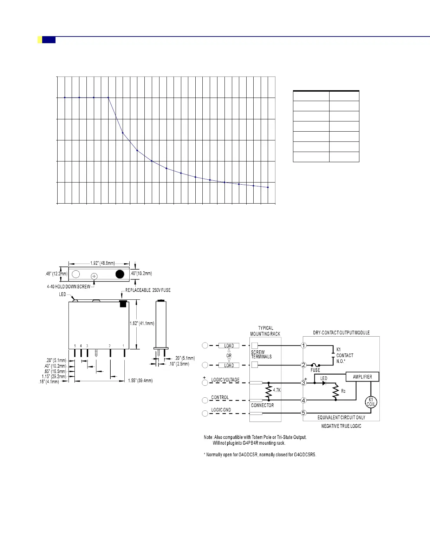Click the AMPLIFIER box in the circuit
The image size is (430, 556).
point(362,377)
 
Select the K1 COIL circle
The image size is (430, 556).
point(371,402)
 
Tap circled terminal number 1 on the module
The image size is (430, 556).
point(304,346)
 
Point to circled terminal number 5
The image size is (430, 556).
point(304,413)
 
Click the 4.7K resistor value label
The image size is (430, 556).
point(277,390)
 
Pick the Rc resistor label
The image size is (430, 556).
point(343,391)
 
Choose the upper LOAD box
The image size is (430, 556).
point(229,346)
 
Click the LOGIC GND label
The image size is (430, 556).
point(221,410)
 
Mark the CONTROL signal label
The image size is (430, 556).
point(220,397)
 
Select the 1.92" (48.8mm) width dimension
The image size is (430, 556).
point(102,263)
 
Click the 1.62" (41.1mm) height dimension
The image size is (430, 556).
point(142,323)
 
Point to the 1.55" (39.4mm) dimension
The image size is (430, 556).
point(140,380)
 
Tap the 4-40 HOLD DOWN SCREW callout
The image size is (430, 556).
point(69,286)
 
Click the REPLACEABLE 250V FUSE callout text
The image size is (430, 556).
point(148,290)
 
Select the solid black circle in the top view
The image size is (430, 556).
point(120,274)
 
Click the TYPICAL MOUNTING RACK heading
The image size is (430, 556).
point(265,331)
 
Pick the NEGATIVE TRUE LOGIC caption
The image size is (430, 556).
point(341,426)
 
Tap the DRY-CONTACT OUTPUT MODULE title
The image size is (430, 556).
point(341,333)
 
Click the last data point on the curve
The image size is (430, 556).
point(268,187)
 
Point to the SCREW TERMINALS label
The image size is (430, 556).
point(261,355)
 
